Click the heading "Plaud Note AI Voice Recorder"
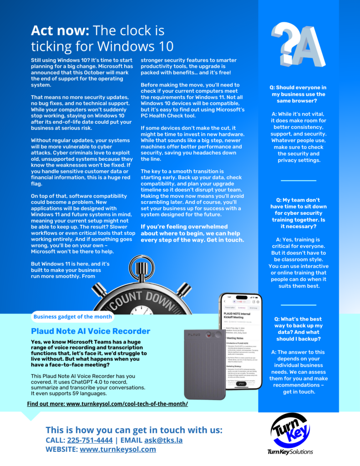coord(91,331)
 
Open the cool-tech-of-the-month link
coord(107,404)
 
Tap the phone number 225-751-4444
coord(90,440)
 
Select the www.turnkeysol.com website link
coord(117,449)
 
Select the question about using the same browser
coord(298,94)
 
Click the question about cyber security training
coord(298,213)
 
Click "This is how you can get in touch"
coord(134,430)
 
